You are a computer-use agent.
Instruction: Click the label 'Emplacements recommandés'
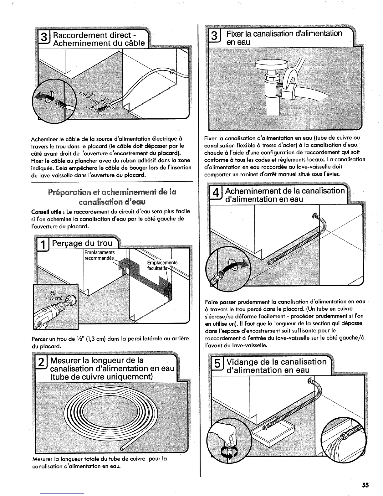[100, 255]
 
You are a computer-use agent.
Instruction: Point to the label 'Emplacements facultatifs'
[162, 265]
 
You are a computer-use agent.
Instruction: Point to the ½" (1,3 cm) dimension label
[50, 295]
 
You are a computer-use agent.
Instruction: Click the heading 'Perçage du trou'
[82, 243]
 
